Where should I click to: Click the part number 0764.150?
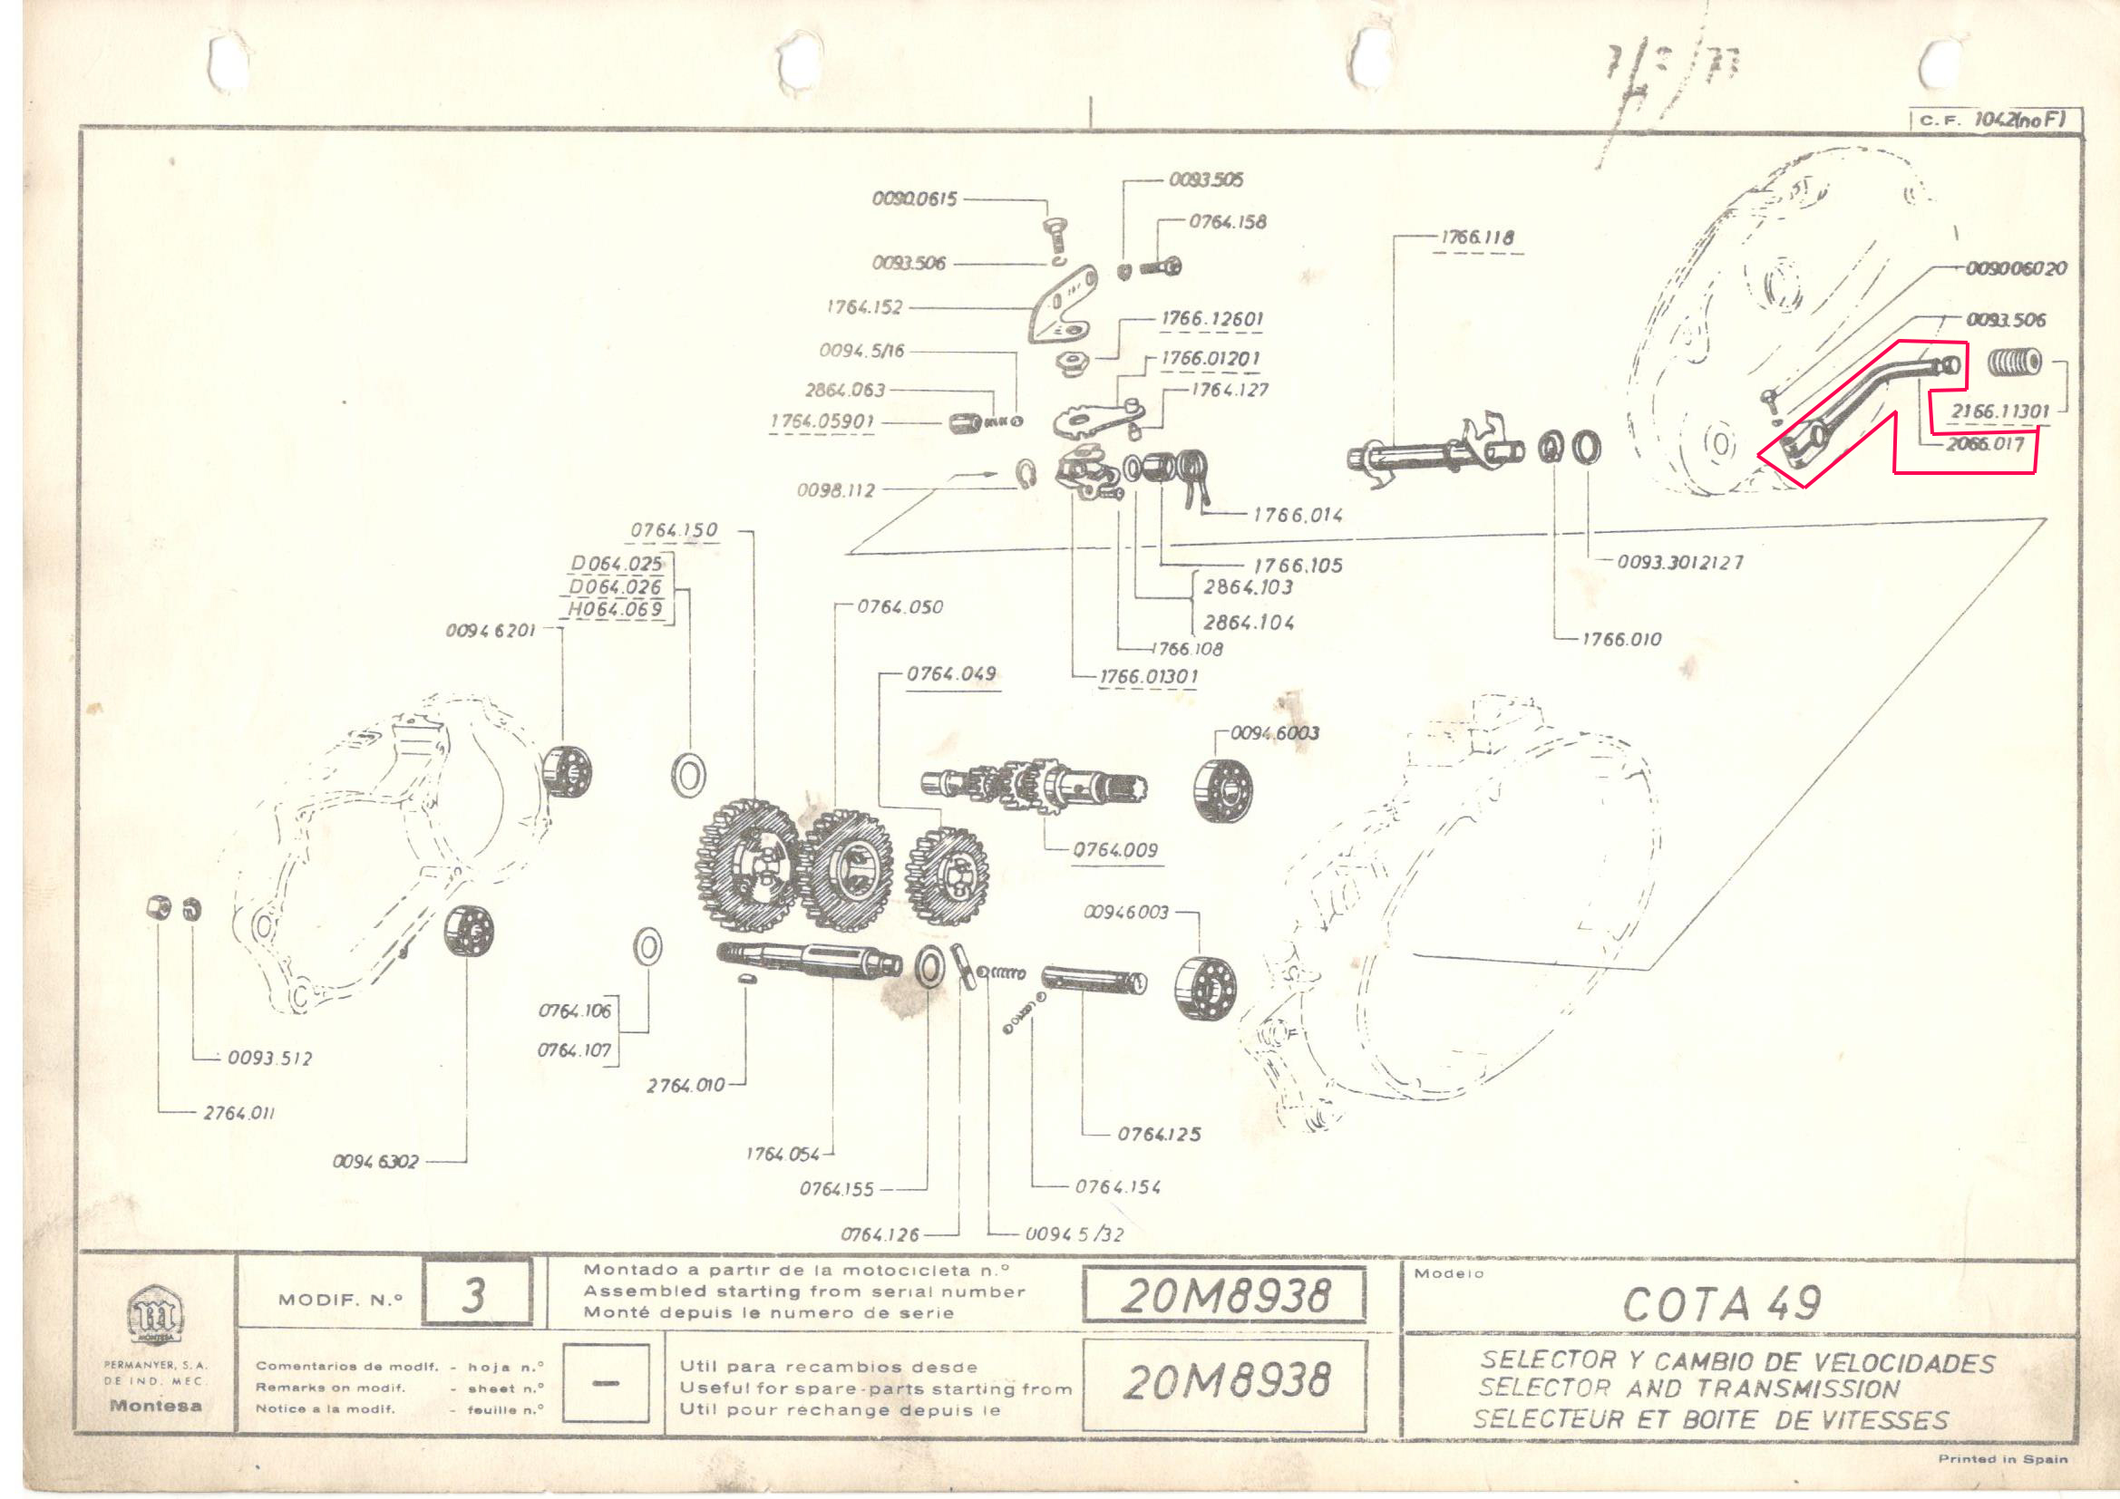tap(673, 531)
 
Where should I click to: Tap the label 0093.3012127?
tap(1679, 562)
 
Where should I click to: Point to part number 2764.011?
tap(238, 1113)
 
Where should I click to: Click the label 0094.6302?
tap(374, 1161)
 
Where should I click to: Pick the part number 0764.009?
tap(1114, 850)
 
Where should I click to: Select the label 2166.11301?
tap(1999, 411)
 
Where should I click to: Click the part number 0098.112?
tap(836, 490)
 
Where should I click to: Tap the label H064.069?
tap(614, 609)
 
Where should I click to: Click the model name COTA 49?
tap(1721, 1303)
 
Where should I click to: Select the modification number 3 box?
tap(476, 1295)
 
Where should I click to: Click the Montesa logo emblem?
tap(155, 1314)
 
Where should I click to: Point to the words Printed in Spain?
tap(2002, 1458)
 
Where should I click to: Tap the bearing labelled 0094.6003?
tap(1220, 790)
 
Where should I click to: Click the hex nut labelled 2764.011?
tap(159, 907)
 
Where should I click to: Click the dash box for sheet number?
tap(605, 1382)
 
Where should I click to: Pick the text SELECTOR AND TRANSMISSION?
tap(1688, 1388)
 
